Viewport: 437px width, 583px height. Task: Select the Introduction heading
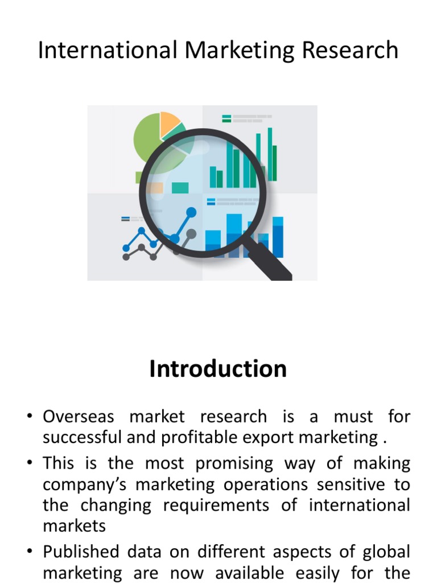(x=218, y=369)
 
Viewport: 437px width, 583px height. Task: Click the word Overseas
(x=79, y=416)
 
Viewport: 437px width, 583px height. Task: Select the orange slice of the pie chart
(x=168, y=122)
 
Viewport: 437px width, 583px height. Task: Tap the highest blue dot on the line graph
(x=191, y=212)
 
